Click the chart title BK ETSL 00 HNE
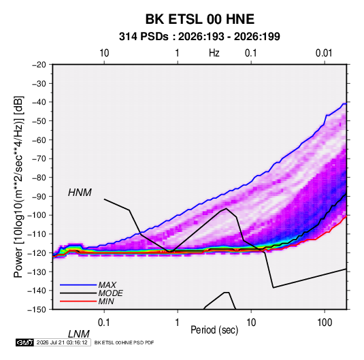click(x=199, y=19)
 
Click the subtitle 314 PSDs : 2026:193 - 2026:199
click(x=199, y=37)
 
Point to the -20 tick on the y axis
click(x=39, y=65)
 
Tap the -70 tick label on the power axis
click(x=39, y=159)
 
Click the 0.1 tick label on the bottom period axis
click(x=103, y=323)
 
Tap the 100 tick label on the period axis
click(x=325, y=323)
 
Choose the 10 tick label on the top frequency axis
click(x=104, y=53)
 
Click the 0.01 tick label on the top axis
click(x=324, y=53)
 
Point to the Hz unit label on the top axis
click(x=214, y=53)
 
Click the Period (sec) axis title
click(x=214, y=330)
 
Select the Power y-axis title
click(x=18, y=187)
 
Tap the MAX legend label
click(x=107, y=285)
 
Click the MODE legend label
click(x=110, y=293)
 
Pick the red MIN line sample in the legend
click(x=78, y=301)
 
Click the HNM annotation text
click(x=80, y=193)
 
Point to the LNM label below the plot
click(x=79, y=334)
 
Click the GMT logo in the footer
click(x=24, y=342)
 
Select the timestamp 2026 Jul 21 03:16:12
click(x=62, y=342)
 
